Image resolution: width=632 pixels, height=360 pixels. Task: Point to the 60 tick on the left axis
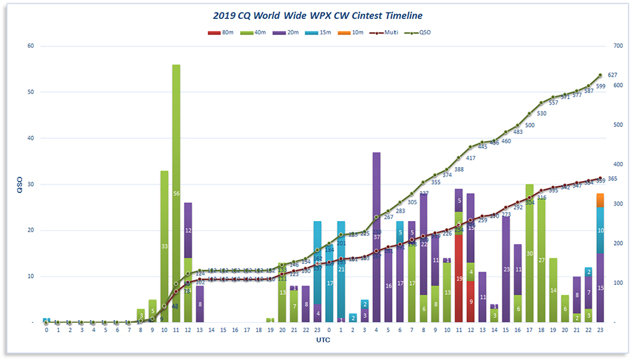coord(30,46)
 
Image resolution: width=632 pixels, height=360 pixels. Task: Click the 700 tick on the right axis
coord(617,46)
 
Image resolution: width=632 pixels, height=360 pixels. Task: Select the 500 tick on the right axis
coord(617,125)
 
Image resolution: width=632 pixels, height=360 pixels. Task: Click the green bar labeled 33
coord(164,246)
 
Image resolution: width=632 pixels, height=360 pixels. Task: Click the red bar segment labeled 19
coord(459,279)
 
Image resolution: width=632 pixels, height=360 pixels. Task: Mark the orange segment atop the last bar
coord(600,200)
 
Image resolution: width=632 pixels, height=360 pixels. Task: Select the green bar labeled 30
coord(529,253)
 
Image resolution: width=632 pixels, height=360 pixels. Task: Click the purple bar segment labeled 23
coord(506,269)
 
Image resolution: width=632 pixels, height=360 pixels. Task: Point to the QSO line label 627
coord(612,75)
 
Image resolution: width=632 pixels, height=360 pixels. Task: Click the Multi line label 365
coord(612,180)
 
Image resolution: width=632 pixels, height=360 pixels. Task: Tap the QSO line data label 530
coord(541,113)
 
